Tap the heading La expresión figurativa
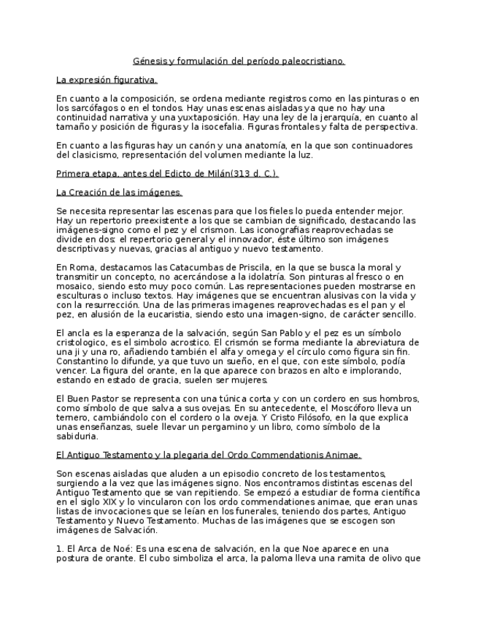click(107, 80)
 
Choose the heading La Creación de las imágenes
click(119, 192)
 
